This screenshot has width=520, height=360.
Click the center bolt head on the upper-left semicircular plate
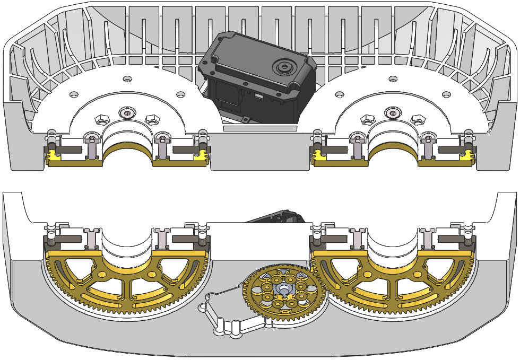pyautogui.click(x=126, y=113)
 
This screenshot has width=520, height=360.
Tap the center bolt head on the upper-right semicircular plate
pyautogui.click(x=392, y=112)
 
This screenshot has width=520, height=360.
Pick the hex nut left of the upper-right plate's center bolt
pyautogui.click(x=366, y=118)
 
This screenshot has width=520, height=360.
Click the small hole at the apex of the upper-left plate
pyautogui.click(x=126, y=79)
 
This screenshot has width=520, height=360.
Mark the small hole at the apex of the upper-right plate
pyautogui.click(x=392, y=79)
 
